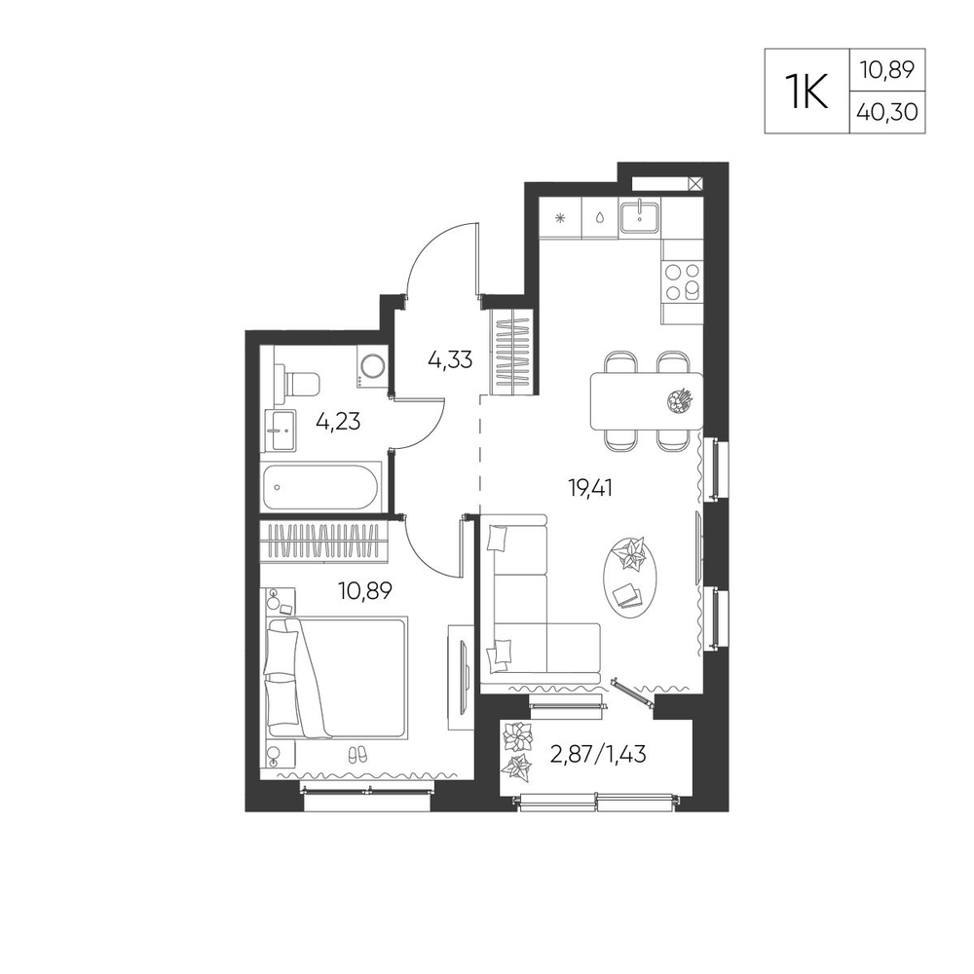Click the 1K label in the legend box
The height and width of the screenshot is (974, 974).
[x=806, y=92]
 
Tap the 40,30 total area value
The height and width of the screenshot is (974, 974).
[x=887, y=112]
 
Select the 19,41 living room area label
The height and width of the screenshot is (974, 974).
[x=591, y=488]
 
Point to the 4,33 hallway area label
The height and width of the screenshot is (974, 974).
[x=450, y=359]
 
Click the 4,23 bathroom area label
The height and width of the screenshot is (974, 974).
[x=338, y=422]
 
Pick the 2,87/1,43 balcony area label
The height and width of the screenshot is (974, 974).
[x=598, y=755]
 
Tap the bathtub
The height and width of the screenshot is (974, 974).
[x=321, y=487]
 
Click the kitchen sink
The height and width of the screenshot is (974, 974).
[x=639, y=217]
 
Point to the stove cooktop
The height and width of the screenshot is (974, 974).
[x=682, y=281]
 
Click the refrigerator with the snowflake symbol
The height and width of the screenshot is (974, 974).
[x=560, y=218]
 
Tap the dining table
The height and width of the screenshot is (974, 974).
[x=646, y=400]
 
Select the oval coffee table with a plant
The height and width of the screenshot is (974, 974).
[x=629, y=576]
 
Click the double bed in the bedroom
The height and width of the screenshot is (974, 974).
[x=336, y=677]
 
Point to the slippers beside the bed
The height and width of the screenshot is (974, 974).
[x=357, y=755]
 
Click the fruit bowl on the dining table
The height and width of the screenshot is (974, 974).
[x=679, y=400]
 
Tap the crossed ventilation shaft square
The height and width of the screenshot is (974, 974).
[x=695, y=183]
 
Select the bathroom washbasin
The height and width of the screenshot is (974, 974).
[x=281, y=430]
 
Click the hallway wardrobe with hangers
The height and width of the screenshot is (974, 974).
[x=511, y=352]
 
